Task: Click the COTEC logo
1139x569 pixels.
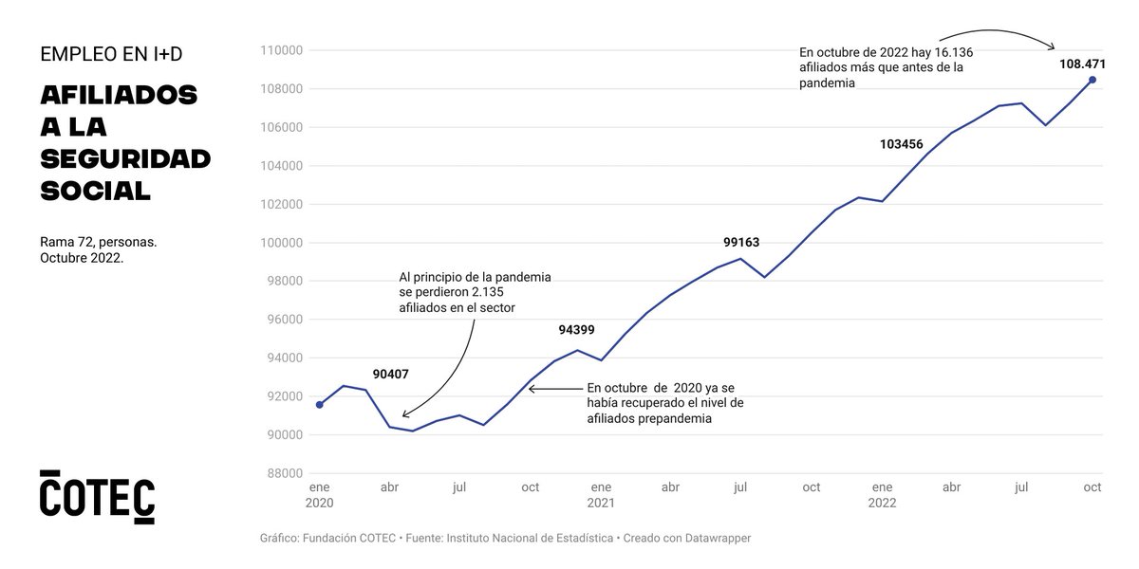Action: pyautogui.click(x=97, y=495)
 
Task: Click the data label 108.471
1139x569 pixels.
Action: pyautogui.click(x=1083, y=64)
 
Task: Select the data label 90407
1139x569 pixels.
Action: pyautogui.click(x=390, y=374)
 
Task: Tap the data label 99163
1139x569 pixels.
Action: pyautogui.click(x=741, y=242)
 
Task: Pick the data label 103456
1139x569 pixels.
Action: pyautogui.click(x=902, y=144)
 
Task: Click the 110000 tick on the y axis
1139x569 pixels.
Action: pyautogui.click(x=283, y=50)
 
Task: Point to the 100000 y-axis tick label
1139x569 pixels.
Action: pyautogui.click(x=283, y=243)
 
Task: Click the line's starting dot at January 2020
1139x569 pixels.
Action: pyautogui.click(x=320, y=405)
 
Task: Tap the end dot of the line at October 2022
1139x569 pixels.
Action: pyautogui.click(x=1092, y=80)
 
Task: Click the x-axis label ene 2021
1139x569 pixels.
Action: pyautogui.click(x=600, y=495)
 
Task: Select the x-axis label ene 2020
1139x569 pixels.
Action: pyautogui.click(x=320, y=495)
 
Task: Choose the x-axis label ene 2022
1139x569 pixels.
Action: pyautogui.click(x=882, y=495)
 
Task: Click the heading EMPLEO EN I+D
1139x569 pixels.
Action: pyautogui.click(x=111, y=55)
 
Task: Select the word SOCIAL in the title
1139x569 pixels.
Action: pyautogui.click(x=95, y=191)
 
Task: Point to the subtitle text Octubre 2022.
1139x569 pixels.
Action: pyautogui.click(x=82, y=259)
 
